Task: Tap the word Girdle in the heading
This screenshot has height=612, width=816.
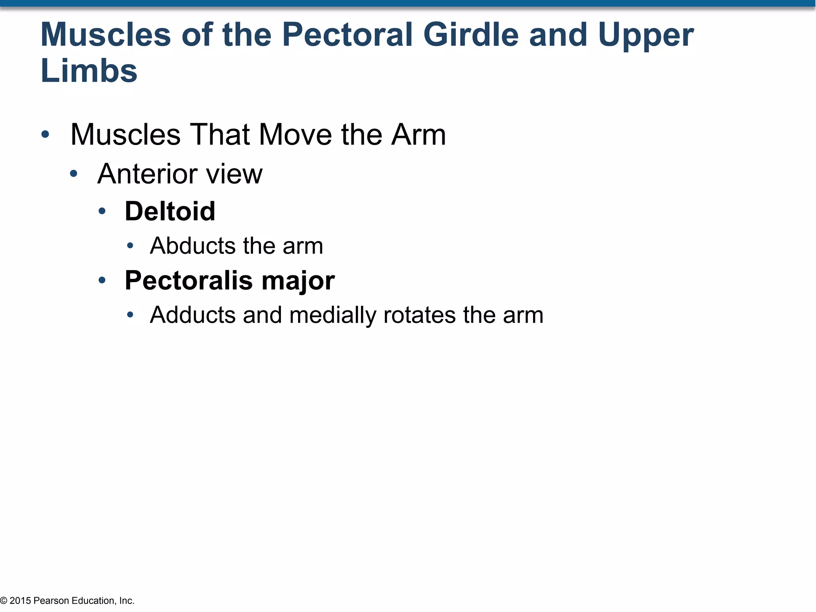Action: click(x=471, y=35)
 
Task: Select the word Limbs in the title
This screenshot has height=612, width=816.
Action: click(x=89, y=71)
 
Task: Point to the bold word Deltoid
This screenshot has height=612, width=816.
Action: click(x=170, y=211)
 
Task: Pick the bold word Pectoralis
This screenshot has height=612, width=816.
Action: click(x=188, y=280)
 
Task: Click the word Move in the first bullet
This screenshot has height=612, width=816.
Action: click(x=295, y=135)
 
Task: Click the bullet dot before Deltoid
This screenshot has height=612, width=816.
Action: click(x=102, y=211)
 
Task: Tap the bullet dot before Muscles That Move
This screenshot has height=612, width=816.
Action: click(x=45, y=134)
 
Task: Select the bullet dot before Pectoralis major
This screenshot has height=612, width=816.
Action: click(x=102, y=280)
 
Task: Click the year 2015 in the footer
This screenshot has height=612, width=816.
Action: click(x=20, y=600)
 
